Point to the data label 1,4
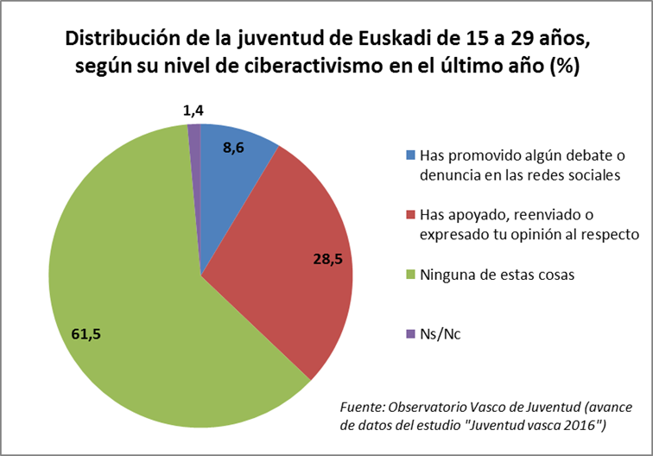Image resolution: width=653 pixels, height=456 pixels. (193, 110)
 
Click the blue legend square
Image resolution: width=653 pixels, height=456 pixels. (410, 156)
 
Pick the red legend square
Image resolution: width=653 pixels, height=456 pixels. (410, 213)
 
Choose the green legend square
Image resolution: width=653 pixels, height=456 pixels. (410, 275)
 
